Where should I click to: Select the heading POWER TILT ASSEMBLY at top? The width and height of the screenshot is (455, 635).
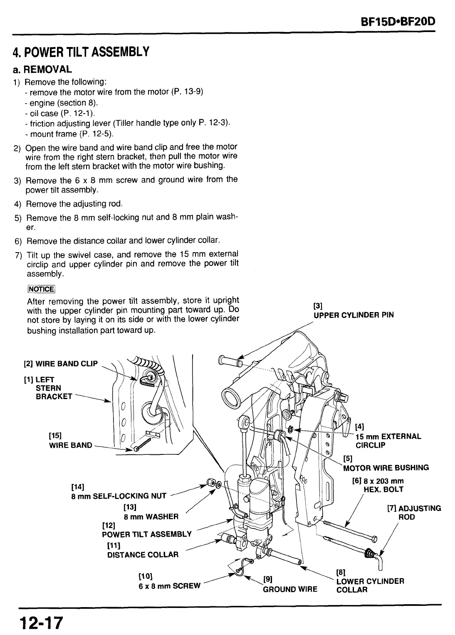point(81,52)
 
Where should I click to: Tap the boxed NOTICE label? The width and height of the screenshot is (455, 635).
point(41,289)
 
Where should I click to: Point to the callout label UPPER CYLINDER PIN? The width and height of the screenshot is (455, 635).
point(353,315)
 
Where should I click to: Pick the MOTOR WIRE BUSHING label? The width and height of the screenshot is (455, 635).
point(386,467)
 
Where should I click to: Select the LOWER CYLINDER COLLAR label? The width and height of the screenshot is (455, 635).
point(369,585)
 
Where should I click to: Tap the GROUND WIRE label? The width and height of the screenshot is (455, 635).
point(289,589)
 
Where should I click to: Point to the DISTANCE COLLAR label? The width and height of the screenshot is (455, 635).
point(143,554)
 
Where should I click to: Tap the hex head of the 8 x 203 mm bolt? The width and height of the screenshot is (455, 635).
point(374,539)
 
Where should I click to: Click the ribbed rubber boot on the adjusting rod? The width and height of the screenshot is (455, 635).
point(369,553)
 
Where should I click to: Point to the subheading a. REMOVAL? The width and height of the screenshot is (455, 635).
point(42,69)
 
